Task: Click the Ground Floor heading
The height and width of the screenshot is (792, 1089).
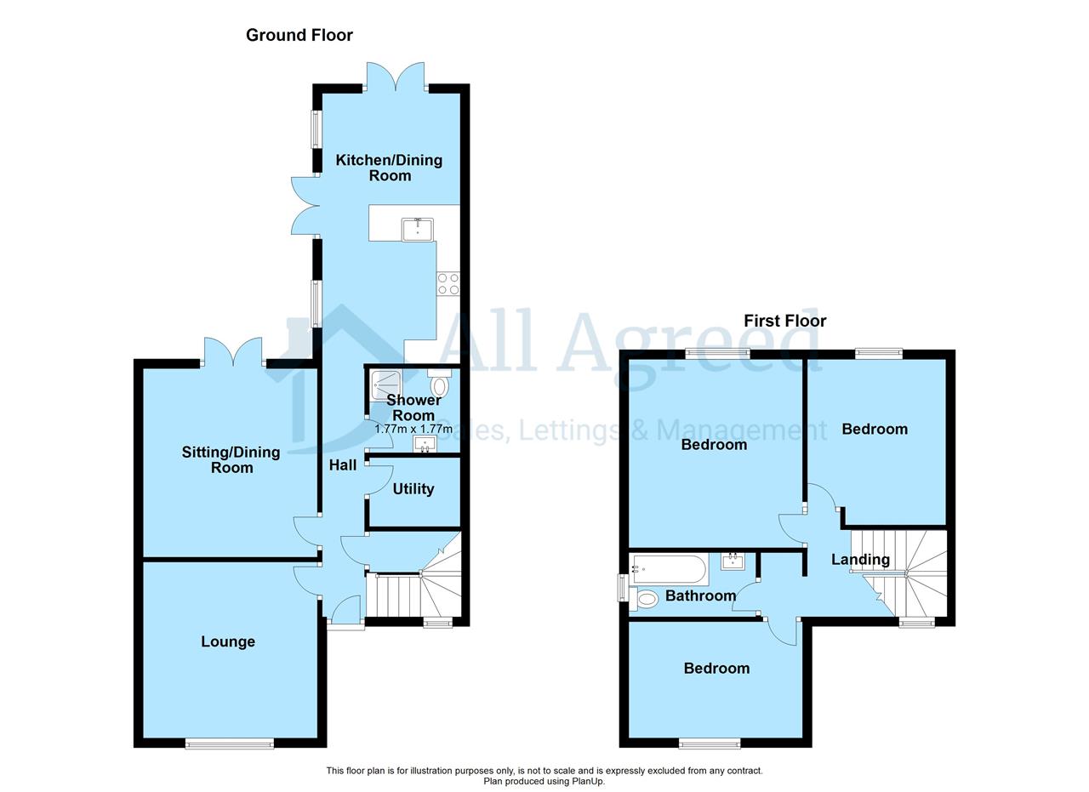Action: tap(299, 36)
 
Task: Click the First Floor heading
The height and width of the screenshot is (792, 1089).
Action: tap(784, 321)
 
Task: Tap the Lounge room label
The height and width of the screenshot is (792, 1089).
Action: tap(228, 641)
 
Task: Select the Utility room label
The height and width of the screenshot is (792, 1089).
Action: tap(413, 489)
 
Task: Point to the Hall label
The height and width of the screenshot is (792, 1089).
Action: tap(343, 465)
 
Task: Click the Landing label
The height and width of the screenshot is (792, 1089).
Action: tap(860, 560)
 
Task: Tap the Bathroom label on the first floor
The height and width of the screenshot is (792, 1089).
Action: tap(700, 595)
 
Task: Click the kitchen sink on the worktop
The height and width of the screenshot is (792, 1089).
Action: tap(417, 230)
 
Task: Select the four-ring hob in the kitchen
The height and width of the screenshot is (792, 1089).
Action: tap(448, 283)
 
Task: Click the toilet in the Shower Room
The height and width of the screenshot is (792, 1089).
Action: tap(440, 384)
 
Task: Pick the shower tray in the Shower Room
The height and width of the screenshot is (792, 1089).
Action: tap(385, 386)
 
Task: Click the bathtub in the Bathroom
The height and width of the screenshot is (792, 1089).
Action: tap(669, 570)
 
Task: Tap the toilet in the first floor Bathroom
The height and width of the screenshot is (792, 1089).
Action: tap(642, 599)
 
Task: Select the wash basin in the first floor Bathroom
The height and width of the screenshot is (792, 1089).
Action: tap(733, 561)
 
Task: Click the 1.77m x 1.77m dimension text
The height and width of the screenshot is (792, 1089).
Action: tap(413, 430)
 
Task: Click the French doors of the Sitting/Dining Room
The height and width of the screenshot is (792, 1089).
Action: tap(233, 352)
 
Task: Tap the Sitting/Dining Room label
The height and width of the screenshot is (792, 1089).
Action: tap(231, 460)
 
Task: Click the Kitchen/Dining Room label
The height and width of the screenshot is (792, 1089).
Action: tap(389, 168)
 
